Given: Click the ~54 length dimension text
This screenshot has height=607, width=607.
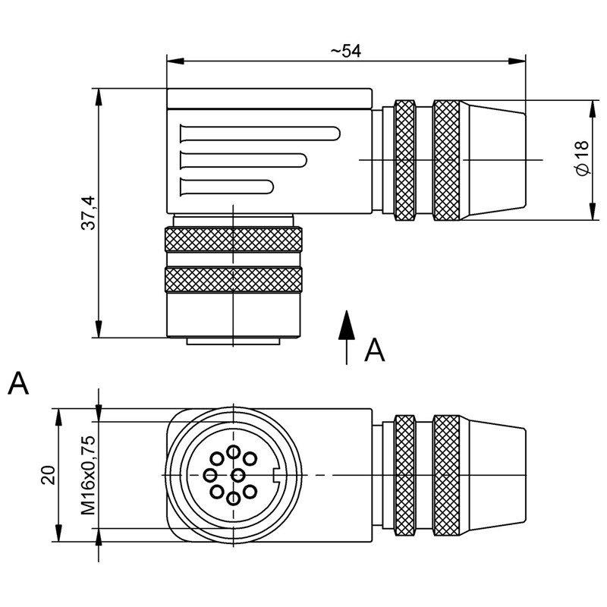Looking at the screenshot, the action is [346, 51].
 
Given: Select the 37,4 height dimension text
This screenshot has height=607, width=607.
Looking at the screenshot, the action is [88, 213].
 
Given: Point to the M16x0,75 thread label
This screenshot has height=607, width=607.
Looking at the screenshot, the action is [88, 475].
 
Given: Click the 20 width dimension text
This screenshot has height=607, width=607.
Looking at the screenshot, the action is [49, 475].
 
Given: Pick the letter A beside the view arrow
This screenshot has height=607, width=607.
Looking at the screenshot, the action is [375, 350].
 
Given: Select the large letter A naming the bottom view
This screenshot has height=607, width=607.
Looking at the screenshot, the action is [18, 383].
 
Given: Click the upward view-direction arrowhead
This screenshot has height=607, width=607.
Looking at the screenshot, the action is [347, 325].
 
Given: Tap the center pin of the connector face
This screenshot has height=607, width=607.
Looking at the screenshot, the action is [237, 474].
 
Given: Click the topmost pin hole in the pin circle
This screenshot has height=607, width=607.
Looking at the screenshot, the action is [234, 451].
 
